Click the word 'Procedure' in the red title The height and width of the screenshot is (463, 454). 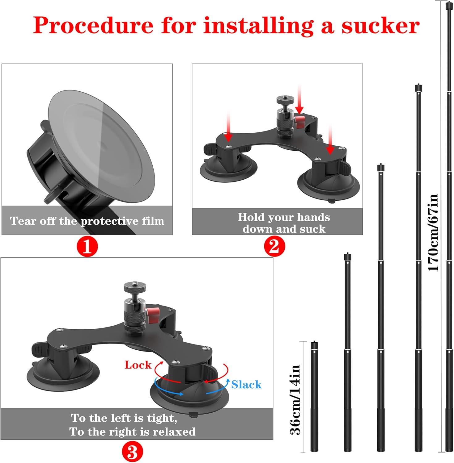[93, 26]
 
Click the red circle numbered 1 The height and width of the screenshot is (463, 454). [87, 247]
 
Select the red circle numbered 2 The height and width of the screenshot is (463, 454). [274, 247]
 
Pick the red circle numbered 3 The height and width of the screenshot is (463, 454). [132, 452]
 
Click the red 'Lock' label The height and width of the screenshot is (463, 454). [138, 365]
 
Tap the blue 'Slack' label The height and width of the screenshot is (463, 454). [246, 385]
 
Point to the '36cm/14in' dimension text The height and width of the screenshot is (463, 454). [295, 400]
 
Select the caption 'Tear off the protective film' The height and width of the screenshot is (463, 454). [87, 221]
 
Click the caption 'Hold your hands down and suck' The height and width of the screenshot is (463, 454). [284, 223]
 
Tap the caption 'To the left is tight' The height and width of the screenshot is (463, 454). [124, 418]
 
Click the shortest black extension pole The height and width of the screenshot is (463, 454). [314, 398]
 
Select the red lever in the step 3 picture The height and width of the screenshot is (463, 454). [153, 315]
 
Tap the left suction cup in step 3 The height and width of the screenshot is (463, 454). [63, 373]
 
